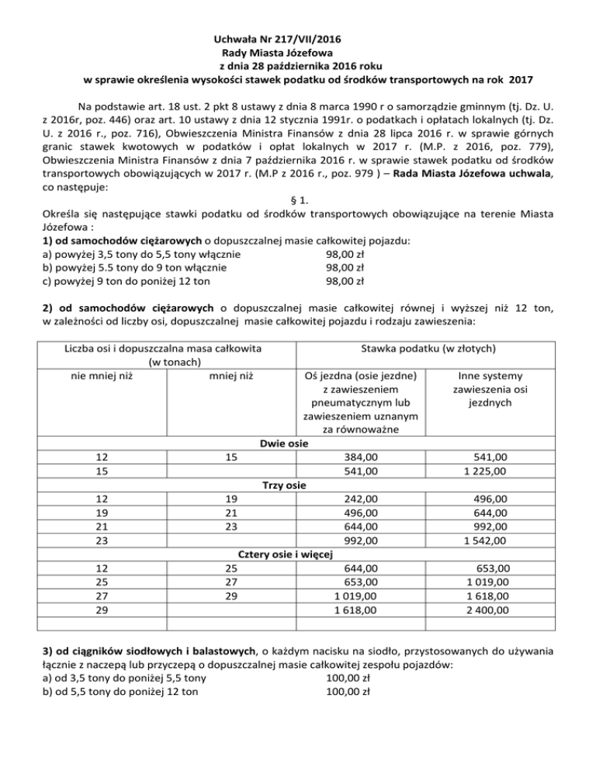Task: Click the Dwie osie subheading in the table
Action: click(x=282, y=443)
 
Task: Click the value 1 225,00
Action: click(x=486, y=471)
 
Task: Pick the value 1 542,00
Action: click(x=486, y=541)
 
